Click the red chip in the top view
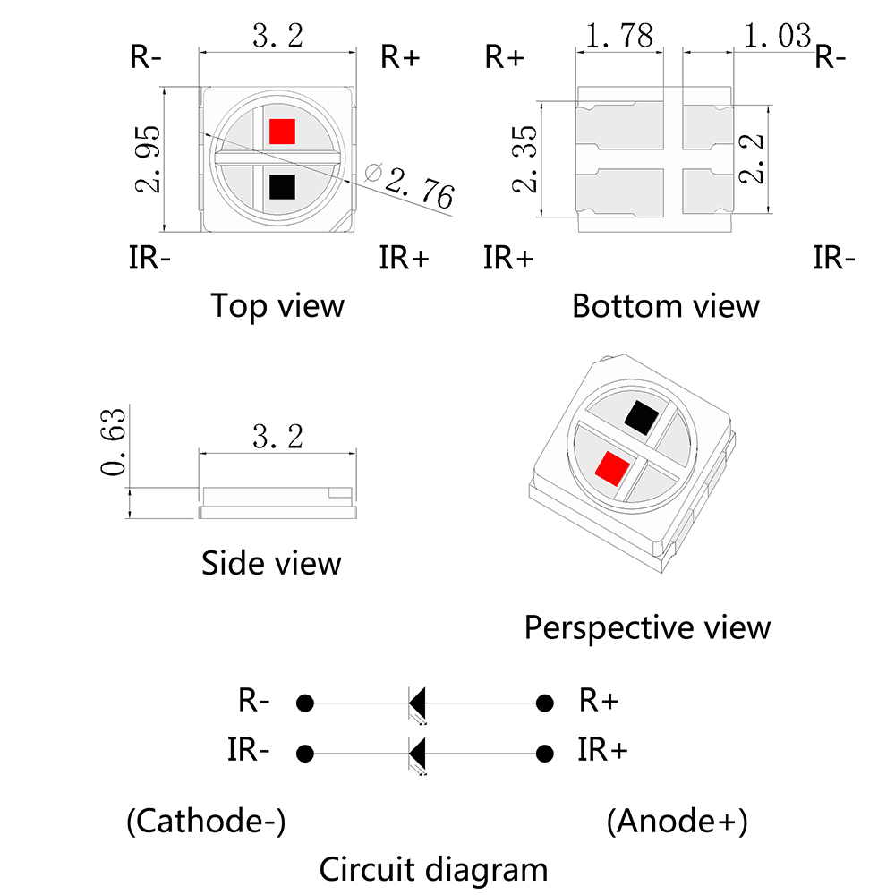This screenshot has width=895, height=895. point(282,132)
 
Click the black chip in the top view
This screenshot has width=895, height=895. point(282,187)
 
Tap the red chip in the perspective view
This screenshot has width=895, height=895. point(612,469)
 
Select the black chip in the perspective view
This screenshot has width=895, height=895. point(642,418)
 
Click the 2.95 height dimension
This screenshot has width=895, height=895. point(148,158)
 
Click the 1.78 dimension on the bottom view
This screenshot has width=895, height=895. point(619,36)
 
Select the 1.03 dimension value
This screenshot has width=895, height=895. point(778,36)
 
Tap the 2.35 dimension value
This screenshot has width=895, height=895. point(524,158)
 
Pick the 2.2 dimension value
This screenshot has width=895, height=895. point(751,158)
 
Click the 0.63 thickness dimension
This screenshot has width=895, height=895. point(113,442)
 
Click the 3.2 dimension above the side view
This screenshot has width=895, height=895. point(277,437)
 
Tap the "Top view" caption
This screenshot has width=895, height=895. point(277,306)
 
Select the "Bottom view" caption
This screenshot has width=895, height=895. point(666,306)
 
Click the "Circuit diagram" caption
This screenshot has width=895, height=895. point(433,870)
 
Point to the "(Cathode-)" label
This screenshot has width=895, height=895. point(206,822)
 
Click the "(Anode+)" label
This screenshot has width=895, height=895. point(677,822)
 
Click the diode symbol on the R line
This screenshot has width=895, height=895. point(417,704)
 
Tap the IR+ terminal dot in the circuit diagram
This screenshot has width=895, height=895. point(545,754)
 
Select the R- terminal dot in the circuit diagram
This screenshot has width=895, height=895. point(305,703)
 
